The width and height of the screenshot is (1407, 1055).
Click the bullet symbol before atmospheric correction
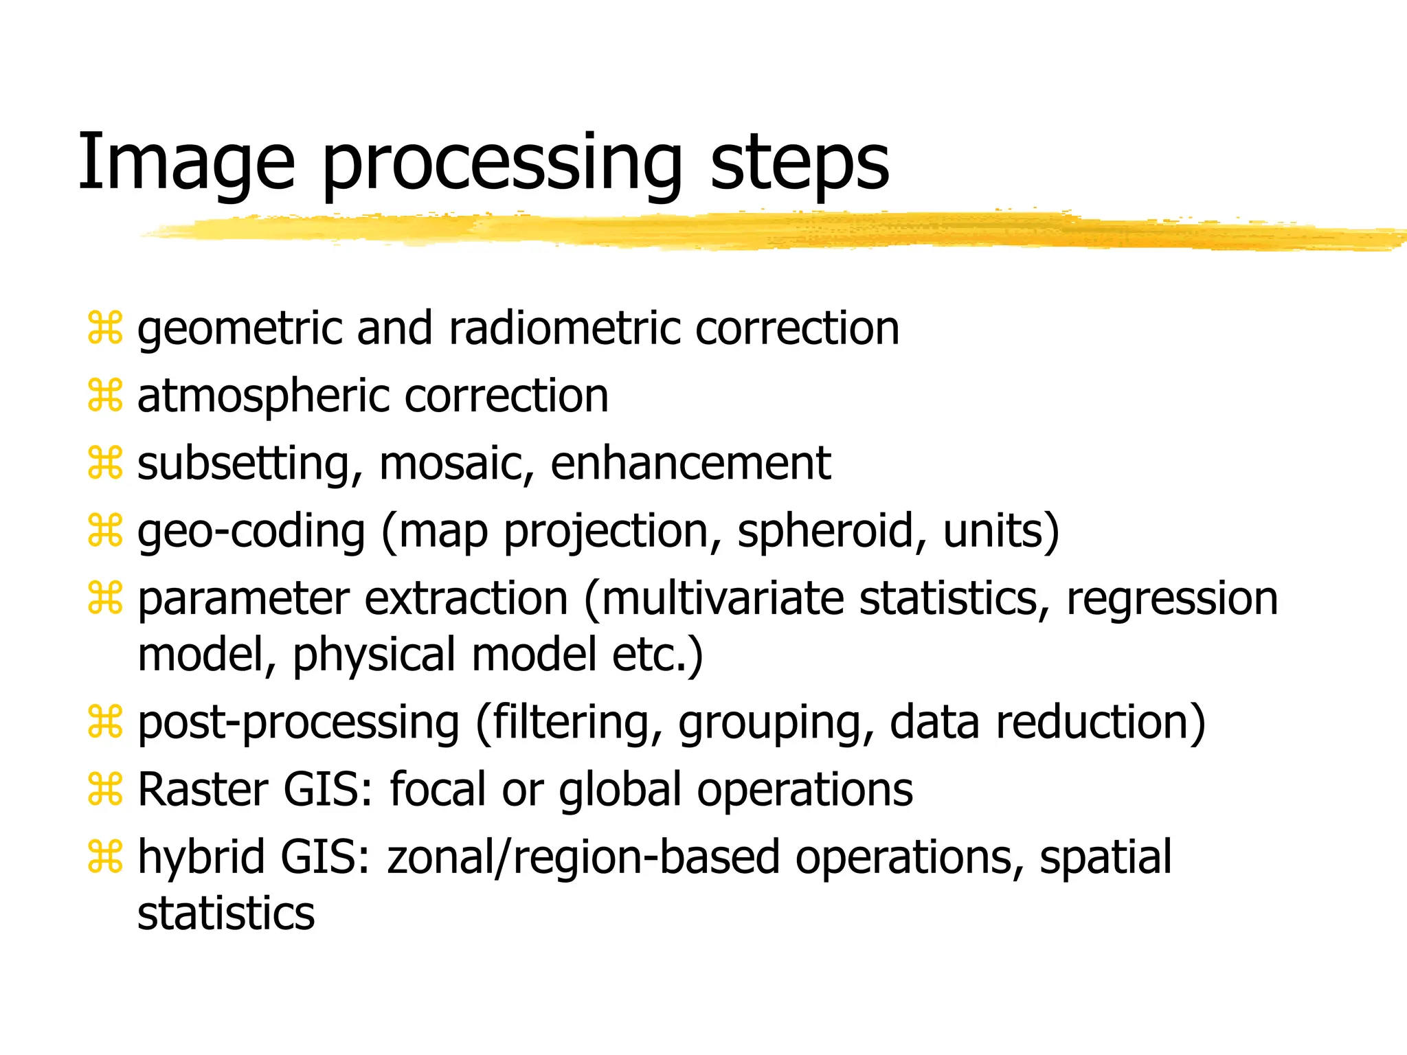point(105,396)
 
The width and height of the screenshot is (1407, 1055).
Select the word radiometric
point(564,328)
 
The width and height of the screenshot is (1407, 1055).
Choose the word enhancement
point(690,464)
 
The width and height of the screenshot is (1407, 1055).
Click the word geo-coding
point(251,532)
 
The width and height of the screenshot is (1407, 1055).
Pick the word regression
point(1172,598)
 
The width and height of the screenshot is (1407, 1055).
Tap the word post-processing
point(298,723)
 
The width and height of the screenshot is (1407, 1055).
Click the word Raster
point(203,790)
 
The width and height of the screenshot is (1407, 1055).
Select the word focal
point(438,790)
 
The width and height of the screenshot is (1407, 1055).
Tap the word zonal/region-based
point(583,858)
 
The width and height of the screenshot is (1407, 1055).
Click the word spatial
point(1105,858)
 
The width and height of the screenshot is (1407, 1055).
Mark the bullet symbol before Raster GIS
point(105,789)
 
